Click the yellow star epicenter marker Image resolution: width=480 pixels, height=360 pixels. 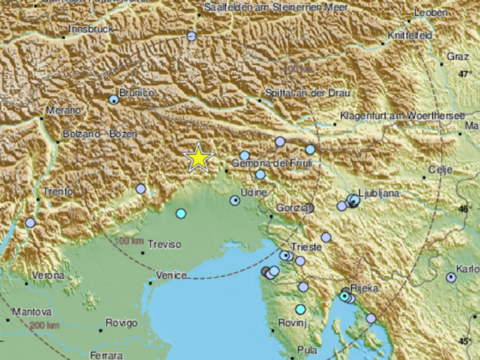[197, 158]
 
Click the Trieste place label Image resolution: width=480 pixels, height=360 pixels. [307, 247]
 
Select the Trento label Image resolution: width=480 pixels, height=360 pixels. [58, 192]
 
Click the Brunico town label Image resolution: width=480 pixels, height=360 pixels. [137, 93]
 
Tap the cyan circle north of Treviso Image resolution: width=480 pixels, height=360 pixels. [181, 214]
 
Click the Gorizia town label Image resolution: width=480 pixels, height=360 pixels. [291, 207]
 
